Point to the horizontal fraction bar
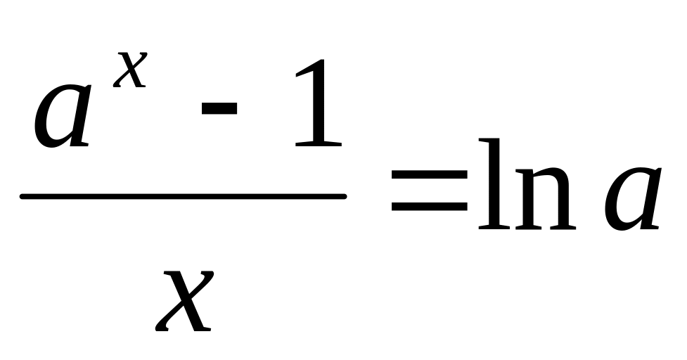pyautogui.click(x=183, y=196)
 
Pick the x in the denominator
pyautogui.click(x=185, y=300)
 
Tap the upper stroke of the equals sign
pyautogui.click(x=430, y=175)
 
